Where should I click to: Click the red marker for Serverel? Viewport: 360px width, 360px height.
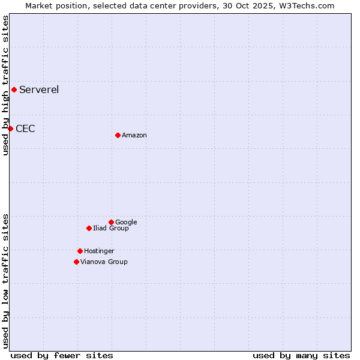14,90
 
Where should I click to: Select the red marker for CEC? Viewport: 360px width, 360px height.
10,128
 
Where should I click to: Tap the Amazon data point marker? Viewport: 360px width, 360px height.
118,135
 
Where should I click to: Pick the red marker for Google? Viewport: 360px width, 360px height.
111,222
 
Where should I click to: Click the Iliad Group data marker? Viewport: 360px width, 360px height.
89,228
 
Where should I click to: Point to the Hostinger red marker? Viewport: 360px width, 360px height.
80,251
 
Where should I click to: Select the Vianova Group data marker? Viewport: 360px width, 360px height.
76,262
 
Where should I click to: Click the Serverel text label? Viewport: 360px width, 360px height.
39,90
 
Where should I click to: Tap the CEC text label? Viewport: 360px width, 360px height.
25,128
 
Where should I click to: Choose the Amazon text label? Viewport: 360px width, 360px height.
134,136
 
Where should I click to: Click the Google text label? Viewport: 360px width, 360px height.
126,223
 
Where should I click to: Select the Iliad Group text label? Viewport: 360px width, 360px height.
111,229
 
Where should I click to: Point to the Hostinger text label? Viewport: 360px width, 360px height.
99,251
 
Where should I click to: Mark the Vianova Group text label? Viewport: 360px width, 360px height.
104,262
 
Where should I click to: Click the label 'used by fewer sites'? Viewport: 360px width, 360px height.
62,355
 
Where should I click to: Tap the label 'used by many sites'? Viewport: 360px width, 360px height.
301,355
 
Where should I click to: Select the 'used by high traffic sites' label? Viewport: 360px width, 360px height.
6,85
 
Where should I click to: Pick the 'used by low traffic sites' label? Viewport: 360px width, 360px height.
6,281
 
